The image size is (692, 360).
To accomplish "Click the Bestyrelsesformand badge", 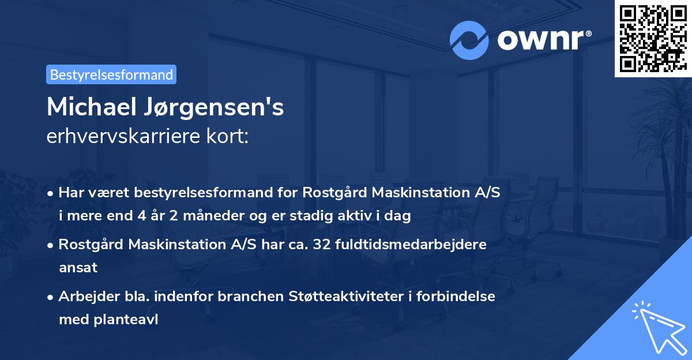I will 111,74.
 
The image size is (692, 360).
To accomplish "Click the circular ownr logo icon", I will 470,39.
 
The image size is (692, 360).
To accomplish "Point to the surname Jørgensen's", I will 213,108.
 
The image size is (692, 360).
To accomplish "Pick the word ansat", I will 78,267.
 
